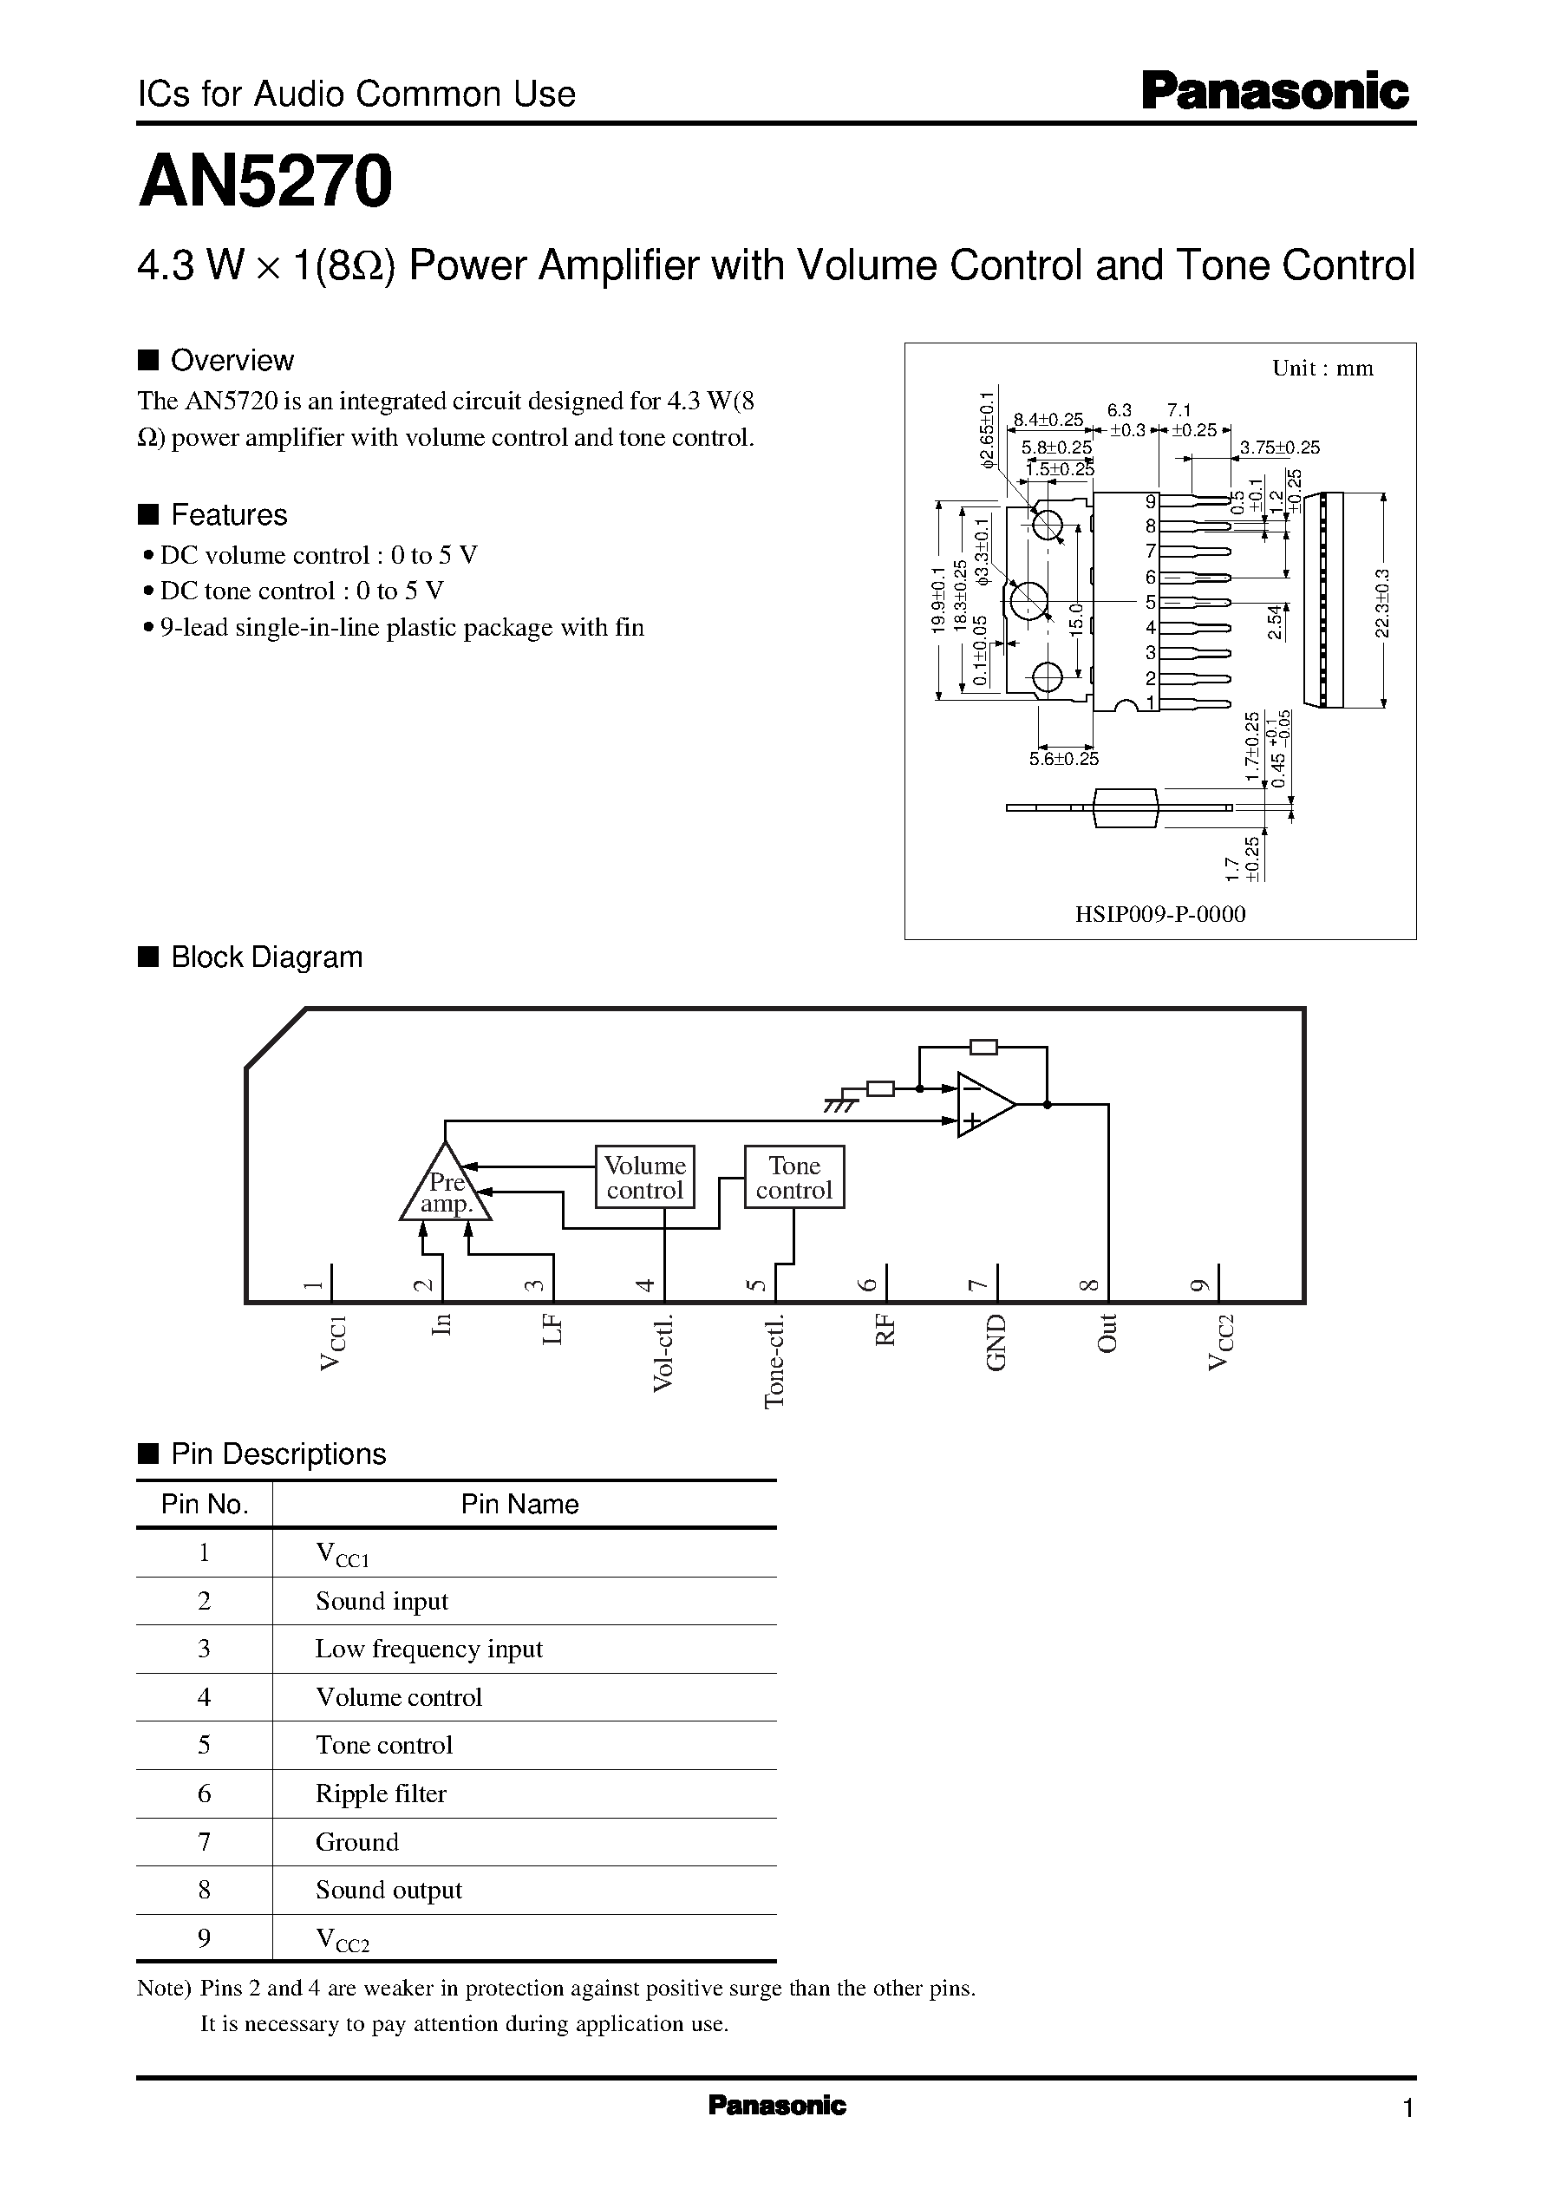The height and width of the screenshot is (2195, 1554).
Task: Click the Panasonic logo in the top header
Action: [x=1275, y=93]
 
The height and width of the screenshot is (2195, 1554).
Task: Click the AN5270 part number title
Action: [x=265, y=182]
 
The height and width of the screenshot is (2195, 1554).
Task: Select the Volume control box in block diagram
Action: [x=644, y=1177]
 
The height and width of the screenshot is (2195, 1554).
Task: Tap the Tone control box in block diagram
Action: [x=794, y=1177]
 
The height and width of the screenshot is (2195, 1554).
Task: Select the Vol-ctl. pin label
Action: [x=663, y=1353]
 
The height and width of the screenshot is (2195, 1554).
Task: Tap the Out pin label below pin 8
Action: [x=1107, y=1333]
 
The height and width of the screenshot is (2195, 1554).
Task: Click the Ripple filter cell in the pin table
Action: [x=381, y=1793]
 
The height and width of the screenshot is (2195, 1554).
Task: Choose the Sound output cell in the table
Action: [x=388, y=1890]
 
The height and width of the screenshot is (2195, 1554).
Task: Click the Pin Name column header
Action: [x=519, y=1504]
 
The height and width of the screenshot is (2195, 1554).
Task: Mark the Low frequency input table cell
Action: [x=428, y=1649]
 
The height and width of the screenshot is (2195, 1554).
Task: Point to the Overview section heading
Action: [x=232, y=361]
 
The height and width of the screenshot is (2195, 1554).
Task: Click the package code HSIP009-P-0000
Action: [x=1159, y=914]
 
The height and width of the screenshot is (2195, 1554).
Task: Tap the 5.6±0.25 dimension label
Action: [x=1064, y=759]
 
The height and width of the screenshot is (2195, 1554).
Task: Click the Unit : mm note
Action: [x=1322, y=369]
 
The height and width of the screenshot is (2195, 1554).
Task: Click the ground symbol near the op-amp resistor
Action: [x=840, y=1104]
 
